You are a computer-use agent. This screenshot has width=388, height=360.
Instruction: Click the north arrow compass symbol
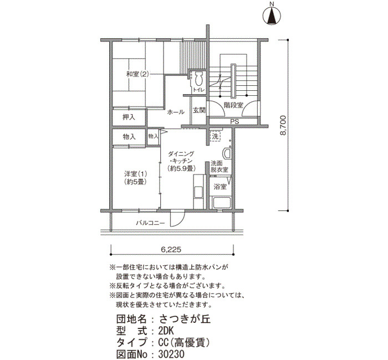[x=272, y=16]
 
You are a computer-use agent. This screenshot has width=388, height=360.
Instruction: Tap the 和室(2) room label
[x=137, y=74]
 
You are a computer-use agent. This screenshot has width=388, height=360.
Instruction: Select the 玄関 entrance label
[x=199, y=110]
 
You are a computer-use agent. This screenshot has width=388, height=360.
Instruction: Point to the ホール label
[x=176, y=112]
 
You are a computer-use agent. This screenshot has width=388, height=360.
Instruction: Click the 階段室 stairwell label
[x=233, y=105]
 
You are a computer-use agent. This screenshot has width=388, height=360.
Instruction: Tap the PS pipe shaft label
[x=234, y=122]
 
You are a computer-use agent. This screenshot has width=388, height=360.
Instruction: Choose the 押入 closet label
[x=129, y=117]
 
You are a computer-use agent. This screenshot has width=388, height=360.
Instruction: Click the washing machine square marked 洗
[x=215, y=136]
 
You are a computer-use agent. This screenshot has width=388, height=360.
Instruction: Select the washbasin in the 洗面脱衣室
[x=227, y=153]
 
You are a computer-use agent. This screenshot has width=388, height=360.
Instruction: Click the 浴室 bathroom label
[x=220, y=187]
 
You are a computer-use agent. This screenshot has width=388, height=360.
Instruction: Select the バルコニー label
[x=150, y=223]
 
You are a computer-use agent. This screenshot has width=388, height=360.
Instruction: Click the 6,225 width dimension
[x=171, y=249]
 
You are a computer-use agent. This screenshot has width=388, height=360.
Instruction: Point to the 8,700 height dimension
[x=283, y=125]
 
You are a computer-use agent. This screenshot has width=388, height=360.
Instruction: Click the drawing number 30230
[x=171, y=354]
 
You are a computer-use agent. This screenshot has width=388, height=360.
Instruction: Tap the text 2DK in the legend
[x=166, y=331]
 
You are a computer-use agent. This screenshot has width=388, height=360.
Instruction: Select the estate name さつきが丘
[x=185, y=319]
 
